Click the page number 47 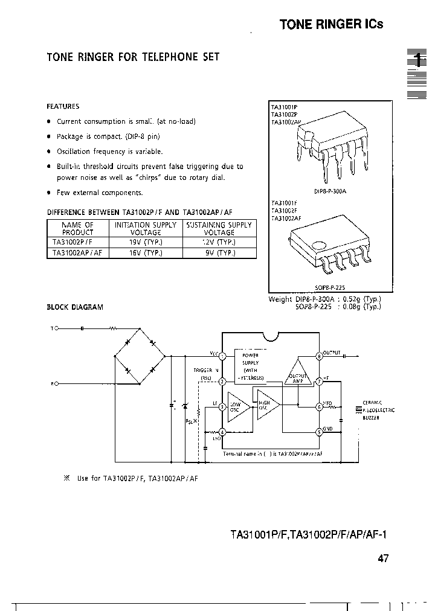pos(383,558)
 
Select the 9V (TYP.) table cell pos(219,254)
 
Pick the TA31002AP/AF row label pos(77,254)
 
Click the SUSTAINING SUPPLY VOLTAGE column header pos(219,228)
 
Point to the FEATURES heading pos(63,106)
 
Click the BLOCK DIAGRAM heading pos(75,307)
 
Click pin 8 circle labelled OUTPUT pos(319,356)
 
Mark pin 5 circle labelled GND pos(319,432)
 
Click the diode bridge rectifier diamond pos(140,356)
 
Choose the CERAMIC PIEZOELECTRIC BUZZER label pos(378,410)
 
